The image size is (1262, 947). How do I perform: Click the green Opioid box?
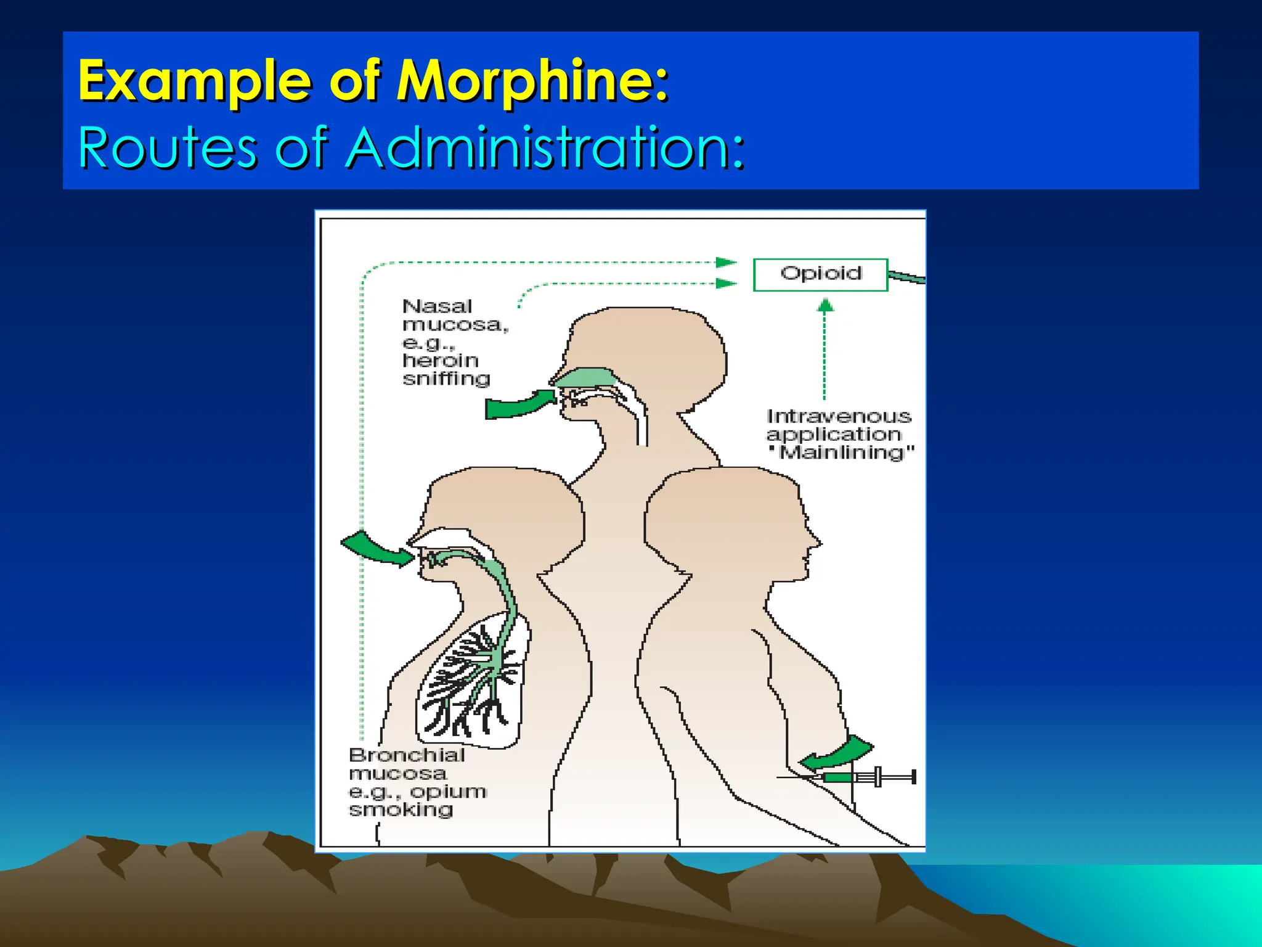point(820,274)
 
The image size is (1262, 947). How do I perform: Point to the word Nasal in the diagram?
point(437,306)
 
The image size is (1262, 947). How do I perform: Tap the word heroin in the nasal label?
point(440,360)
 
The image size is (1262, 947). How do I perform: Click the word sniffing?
point(446,379)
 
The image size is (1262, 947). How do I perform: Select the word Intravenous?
point(839,416)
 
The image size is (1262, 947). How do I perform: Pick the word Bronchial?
point(407,755)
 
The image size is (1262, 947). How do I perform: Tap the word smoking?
point(401,810)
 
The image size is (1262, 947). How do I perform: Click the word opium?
point(448,792)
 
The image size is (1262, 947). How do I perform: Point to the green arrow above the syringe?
point(839,753)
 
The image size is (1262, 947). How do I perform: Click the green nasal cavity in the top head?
point(585,377)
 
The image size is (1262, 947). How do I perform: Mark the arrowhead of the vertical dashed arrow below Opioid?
point(825,305)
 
